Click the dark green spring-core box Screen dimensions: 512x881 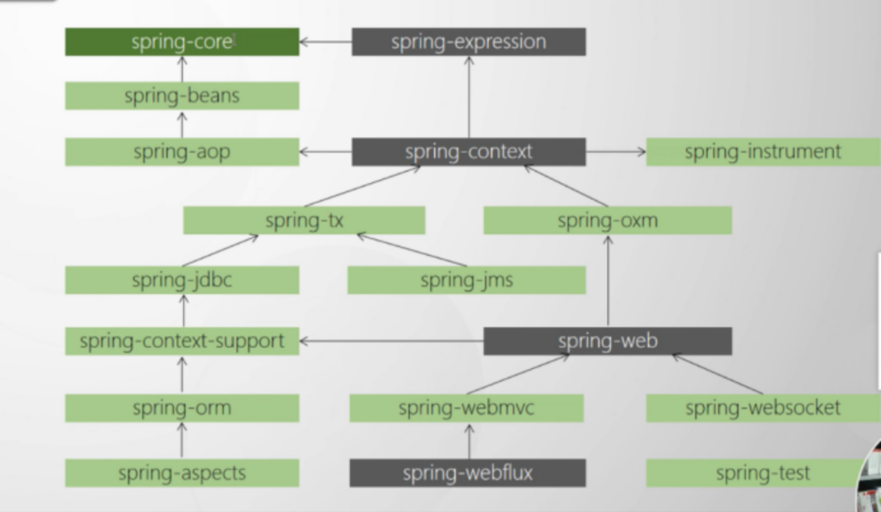(x=182, y=42)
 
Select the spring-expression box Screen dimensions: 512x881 (x=469, y=42)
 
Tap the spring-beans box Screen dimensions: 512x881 (x=182, y=96)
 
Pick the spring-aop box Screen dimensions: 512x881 (x=182, y=152)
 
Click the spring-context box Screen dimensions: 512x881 (x=469, y=152)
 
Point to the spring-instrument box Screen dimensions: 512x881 (x=763, y=152)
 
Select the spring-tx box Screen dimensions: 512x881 (x=304, y=220)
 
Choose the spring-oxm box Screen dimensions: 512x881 (x=607, y=220)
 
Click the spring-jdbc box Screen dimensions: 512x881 (x=182, y=280)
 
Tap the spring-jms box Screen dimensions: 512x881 (x=466, y=280)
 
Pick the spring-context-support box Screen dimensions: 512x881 (x=182, y=341)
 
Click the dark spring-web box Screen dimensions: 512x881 (x=607, y=341)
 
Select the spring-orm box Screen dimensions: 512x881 (x=182, y=408)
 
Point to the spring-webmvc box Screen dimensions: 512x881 (x=466, y=408)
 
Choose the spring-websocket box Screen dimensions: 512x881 (x=763, y=408)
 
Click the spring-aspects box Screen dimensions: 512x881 (x=182, y=473)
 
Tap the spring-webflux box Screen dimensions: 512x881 (x=467, y=473)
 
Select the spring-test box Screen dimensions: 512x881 (x=763, y=473)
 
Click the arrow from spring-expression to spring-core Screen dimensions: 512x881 (x=325, y=42)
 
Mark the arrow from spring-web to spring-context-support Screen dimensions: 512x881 (x=392, y=341)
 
